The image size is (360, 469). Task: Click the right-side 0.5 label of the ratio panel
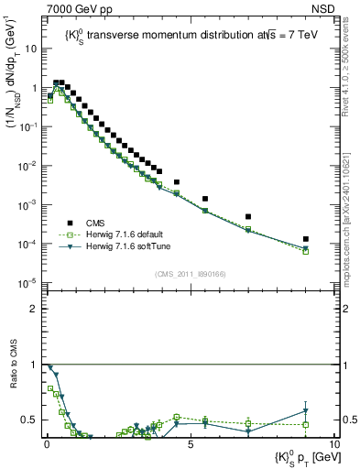[349, 420]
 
